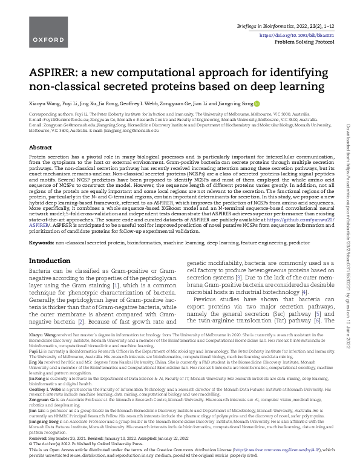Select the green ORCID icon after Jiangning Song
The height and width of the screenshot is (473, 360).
pos(257,103)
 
